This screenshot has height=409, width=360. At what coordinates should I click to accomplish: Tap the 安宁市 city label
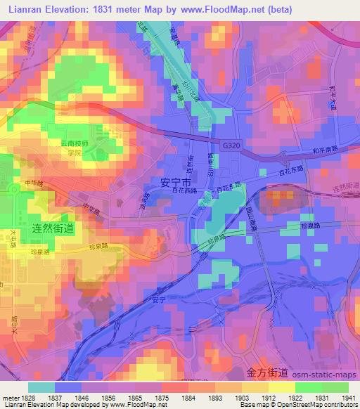(176, 181)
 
